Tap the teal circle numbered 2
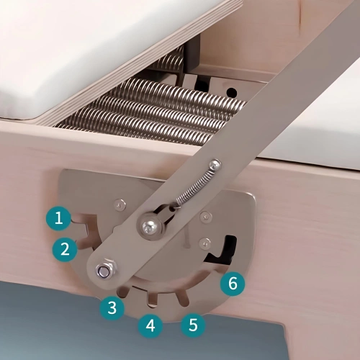(65, 250)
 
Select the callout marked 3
(110, 308)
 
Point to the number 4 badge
(150, 325)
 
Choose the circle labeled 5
(191, 324)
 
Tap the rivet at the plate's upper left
(121, 205)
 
